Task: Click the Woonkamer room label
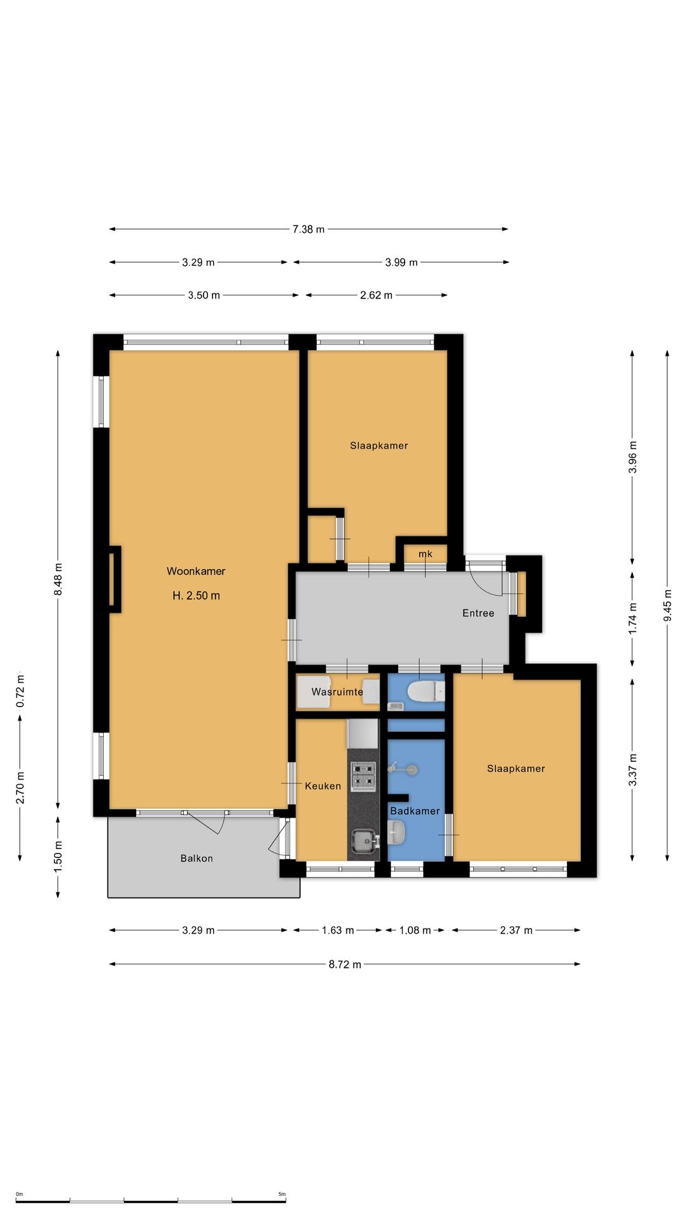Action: click(196, 571)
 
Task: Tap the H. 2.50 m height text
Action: click(196, 596)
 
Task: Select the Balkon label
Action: click(197, 858)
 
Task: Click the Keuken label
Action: click(323, 786)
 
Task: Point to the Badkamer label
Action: click(415, 811)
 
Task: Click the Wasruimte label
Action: click(337, 692)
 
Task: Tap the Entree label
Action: click(478, 613)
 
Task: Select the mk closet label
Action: click(426, 554)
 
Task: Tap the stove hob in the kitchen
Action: click(363, 776)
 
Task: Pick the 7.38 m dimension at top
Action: click(309, 229)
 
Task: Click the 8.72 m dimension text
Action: click(345, 964)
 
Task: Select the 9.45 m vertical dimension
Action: click(667, 606)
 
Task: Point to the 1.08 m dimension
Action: click(415, 931)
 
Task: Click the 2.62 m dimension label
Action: click(376, 295)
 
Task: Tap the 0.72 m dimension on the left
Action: click(20, 691)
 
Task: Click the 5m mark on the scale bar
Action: click(282, 1194)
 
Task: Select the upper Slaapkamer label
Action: click(379, 446)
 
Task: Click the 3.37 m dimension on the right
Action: click(632, 769)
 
